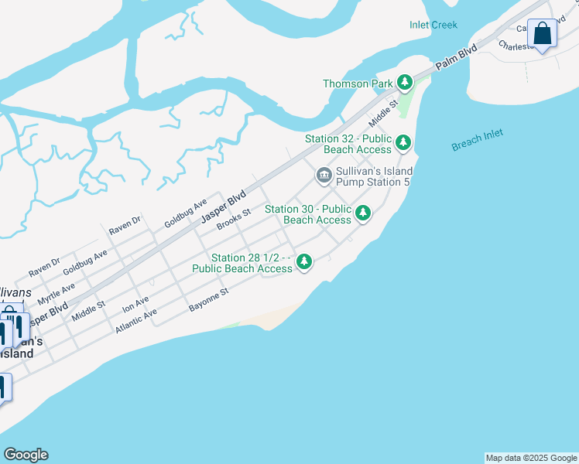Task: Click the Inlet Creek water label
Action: [x=433, y=25]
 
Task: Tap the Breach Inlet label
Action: [x=477, y=139]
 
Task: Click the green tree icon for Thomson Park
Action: [x=404, y=82]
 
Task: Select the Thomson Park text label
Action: [x=357, y=84]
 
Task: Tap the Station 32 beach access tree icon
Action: [x=403, y=143]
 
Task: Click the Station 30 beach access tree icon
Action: [x=362, y=213]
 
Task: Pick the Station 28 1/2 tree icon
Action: [x=304, y=262]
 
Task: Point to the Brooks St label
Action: [x=234, y=218]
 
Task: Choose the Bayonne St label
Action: [x=209, y=301]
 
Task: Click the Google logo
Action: [x=26, y=455]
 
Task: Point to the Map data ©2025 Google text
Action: [x=531, y=458]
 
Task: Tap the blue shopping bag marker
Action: [x=542, y=34]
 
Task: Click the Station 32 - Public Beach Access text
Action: [x=348, y=144]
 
